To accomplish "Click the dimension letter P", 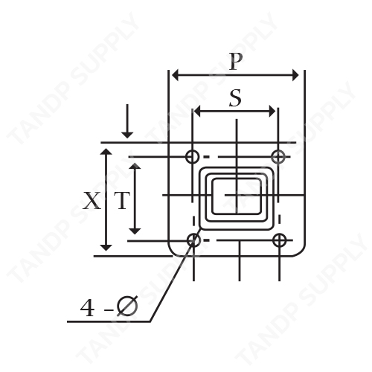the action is coord(235,62).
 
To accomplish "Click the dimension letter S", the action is coord(235,98).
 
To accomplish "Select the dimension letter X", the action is coord(92,200).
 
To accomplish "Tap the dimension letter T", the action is coord(122,200).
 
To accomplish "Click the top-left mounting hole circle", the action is coord(193,156).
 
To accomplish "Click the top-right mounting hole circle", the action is coord(278,157).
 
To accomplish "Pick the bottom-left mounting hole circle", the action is coord(193,240).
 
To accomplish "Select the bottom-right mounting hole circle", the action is coord(280,240).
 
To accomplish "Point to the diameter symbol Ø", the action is coord(127,307).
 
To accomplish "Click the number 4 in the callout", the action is coord(87,308).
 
